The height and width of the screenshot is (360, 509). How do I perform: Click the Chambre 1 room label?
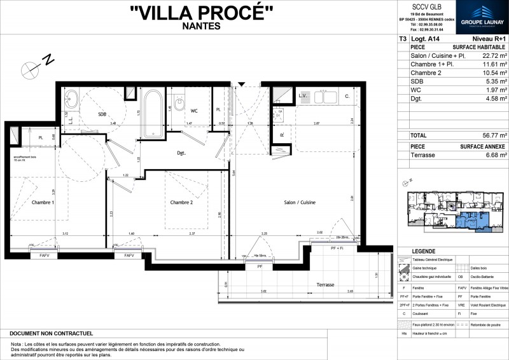(43, 202)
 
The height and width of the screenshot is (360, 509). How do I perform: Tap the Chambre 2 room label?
(181, 202)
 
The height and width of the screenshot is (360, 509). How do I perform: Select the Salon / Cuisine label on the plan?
(300, 202)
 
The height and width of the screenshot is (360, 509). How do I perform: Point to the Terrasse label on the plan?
(323, 284)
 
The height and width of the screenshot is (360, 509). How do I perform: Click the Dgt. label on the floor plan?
(181, 153)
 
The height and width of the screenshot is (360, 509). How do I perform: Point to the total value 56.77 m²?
(494, 135)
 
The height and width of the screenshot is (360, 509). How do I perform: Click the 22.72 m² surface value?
(494, 56)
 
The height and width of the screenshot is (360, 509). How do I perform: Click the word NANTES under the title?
(201, 26)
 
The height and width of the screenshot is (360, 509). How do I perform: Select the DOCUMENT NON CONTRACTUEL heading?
(52, 333)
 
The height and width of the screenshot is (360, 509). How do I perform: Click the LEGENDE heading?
(424, 251)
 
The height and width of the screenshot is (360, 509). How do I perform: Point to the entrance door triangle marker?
(241, 83)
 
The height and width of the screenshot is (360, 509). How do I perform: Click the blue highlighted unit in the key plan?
(470, 220)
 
